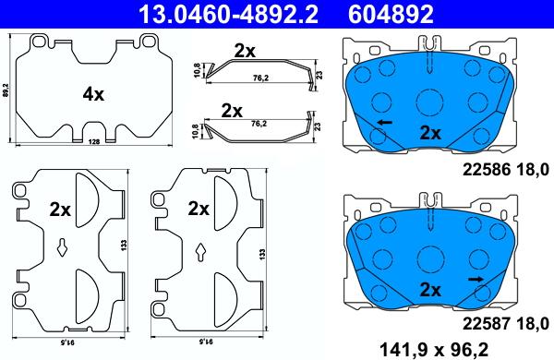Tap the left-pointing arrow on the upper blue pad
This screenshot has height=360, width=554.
pyautogui.click(x=382, y=122)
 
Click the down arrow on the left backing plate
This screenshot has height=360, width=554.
pyautogui.click(x=60, y=246)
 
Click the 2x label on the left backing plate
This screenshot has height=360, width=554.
pyautogui.click(x=61, y=209)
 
